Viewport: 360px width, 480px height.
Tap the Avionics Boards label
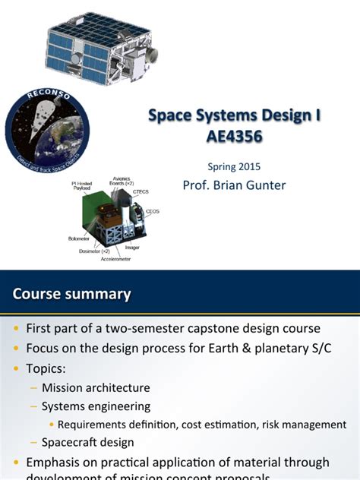tap(122, 182)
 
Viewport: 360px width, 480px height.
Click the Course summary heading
tap(72, 294)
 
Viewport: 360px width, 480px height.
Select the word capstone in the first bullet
tap(216, 329)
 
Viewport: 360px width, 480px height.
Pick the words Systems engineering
tap(96, 406)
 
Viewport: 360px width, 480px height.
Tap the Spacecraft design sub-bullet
tap(87, 443)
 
